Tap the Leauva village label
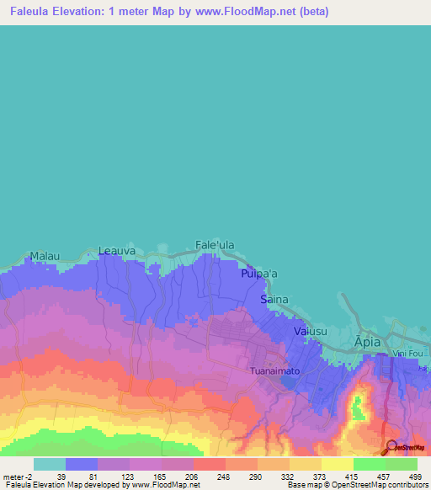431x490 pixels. point(116,250)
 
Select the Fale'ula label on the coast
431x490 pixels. point(215,245)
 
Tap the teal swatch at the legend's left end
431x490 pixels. point(50,464)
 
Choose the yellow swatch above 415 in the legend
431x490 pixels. point(337,464)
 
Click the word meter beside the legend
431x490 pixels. point(15,476)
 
